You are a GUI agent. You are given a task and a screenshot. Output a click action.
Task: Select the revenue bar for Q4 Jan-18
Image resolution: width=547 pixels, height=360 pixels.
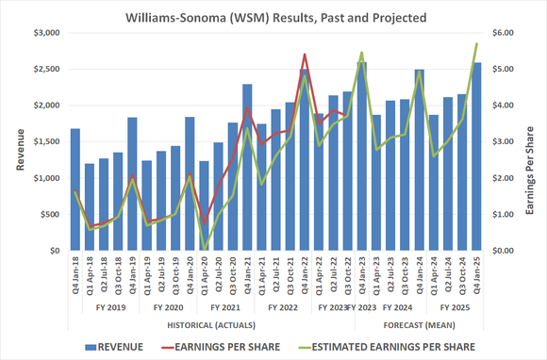(x=75, y=189)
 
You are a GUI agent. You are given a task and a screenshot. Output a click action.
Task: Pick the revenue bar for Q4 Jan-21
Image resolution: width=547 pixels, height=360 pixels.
(x=247, y=168)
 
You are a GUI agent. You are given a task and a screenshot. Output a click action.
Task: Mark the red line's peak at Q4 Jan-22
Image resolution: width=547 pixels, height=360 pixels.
(x=305, y=55)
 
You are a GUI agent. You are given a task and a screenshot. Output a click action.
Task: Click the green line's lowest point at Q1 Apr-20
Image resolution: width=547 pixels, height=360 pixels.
(x=205, y=249)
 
